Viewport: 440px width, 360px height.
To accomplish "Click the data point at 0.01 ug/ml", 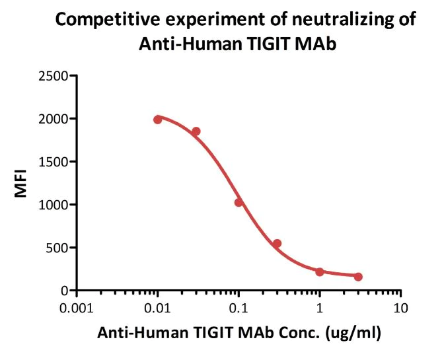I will (x=157, y=120).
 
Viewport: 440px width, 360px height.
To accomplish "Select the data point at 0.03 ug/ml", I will (x=196, y=131).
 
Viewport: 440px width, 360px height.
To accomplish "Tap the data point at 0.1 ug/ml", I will (x=238, y=202).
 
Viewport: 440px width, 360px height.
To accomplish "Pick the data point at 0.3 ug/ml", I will (x=277, y=244).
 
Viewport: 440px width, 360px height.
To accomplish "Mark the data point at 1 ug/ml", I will (x=319, y=271).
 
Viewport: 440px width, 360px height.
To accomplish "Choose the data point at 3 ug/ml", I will (x=358, y=277).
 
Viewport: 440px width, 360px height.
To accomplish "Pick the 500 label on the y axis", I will (x=59, y=248).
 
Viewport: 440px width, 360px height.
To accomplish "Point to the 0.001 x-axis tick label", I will (x=77, y=308).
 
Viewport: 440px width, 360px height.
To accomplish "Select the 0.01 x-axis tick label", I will (x=157, y=308).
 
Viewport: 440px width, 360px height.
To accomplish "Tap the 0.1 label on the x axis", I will (x=238, y=308).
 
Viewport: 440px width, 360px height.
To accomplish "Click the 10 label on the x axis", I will (x=400, y=308).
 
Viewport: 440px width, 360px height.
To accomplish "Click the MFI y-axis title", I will (x=21, y=184).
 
